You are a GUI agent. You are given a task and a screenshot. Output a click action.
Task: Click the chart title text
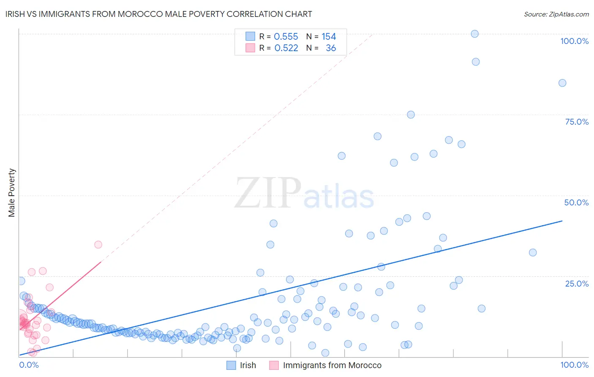pyautogui.click(x=159, y=14)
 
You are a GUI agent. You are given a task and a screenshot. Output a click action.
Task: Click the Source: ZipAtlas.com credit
pyautogui.click(x=556, y=14)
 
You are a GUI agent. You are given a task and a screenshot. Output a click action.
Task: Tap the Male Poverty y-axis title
pyautogui.click(x=12, y=193)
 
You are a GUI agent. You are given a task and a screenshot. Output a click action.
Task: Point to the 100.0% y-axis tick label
pyautogui.click(x=574, y=41)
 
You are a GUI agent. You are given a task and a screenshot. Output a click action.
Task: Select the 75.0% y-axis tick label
pyautogui.click(x=577, y=122)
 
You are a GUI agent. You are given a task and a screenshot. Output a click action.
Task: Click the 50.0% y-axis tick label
pyautogui.click(x=576, y=202)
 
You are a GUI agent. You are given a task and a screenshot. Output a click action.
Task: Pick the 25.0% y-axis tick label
pyautogui.click(x=577, y=283)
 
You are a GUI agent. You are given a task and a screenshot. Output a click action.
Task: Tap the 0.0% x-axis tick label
pyautogui.click(x=29, y=365)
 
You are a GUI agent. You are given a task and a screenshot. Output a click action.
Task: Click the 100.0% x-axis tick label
pyautogui.click(x=574, y=365)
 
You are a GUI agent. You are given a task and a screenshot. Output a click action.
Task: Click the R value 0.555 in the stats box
pyautogui.click(x=286, y=37)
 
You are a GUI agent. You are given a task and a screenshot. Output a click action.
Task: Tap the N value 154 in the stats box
pyautogui.click(x=329, y=37)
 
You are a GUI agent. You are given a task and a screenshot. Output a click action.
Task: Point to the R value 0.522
pyautogui.click(x=286, y=48)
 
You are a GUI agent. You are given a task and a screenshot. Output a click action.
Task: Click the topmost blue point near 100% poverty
pyautogui.click(x=474, y=34)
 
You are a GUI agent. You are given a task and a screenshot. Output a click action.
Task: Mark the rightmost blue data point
pyautogui.click(x=562, y=83)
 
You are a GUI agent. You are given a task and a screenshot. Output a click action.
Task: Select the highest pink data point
pyautogui.click(x=98, y=244)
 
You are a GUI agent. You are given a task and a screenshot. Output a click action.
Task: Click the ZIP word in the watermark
pyautogui.click(x=267, y=193)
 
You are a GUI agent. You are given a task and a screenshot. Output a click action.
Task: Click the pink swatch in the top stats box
pyautogui.click(x=250, y=48)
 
